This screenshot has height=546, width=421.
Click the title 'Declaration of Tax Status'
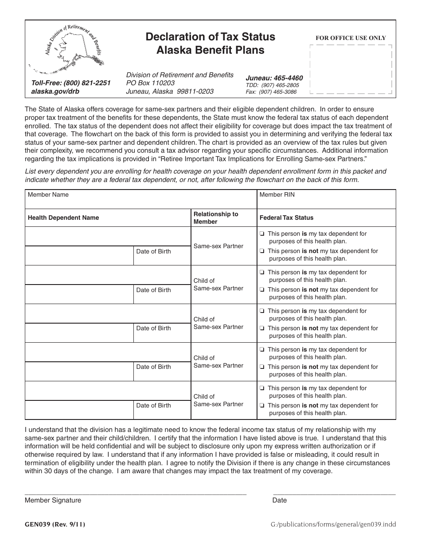click(210, 37)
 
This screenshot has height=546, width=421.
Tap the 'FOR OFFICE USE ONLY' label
click(351, 38)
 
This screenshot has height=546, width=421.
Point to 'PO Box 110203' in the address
click(150, 83)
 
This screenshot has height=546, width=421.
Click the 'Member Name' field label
click(48, 194)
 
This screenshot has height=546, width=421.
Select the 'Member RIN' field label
click(277, 194)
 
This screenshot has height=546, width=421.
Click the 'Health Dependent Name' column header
click(63, 218)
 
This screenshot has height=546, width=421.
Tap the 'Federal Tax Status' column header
click(286, 218)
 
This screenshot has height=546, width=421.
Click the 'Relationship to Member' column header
click(216, 218)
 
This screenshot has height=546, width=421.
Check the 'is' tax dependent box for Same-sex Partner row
click(262, 234)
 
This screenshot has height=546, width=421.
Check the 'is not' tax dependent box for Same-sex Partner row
click(262, 251)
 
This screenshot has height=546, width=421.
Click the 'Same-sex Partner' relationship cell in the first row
click(218, 246)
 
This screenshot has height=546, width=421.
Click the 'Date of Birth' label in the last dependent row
click(153, 405)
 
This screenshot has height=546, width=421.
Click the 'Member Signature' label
click(53, 500)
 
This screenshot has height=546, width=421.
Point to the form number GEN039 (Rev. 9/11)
click(55, 525)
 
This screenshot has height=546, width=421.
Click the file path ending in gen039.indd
click(333, 525)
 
